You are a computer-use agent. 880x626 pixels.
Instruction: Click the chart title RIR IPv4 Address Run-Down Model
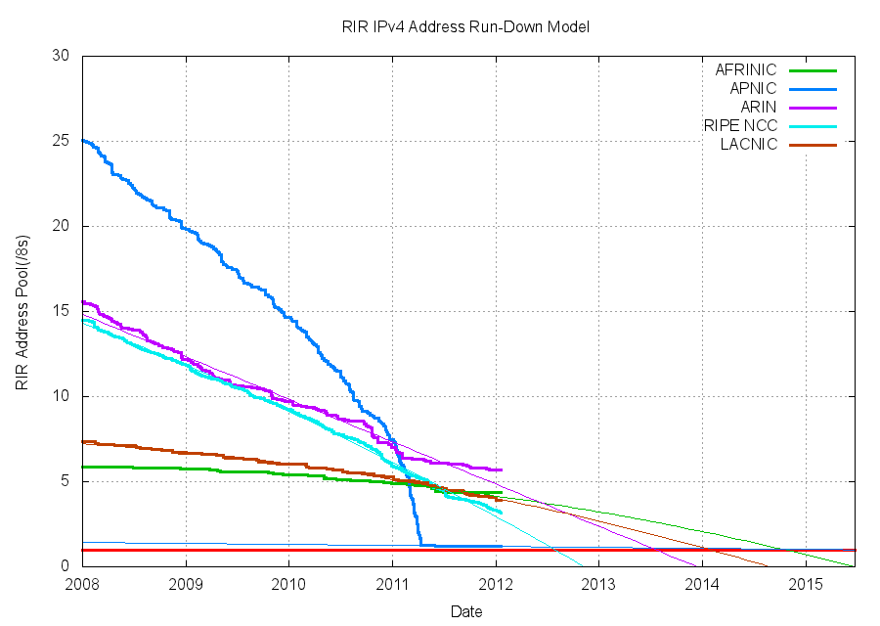[x=459, y=26]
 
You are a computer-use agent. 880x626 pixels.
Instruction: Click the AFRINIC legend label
[x=745, y=70]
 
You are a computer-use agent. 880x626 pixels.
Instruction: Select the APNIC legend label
[x=753, y=89]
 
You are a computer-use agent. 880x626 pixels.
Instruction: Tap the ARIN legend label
[x=758, y=108]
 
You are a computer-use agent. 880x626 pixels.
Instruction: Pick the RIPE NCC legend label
[x=740, y=126]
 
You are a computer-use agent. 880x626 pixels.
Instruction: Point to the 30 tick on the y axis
[x=61, y=56]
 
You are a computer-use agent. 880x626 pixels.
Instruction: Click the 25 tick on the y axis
[x=61, y=141]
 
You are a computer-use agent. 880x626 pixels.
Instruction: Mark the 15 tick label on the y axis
[x=61, y=311]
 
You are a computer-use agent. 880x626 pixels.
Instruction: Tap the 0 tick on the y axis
[x=65, y=566]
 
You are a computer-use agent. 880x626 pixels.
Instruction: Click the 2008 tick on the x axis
[x=82, y=585]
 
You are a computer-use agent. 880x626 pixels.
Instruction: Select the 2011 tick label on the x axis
[x=392, y=585]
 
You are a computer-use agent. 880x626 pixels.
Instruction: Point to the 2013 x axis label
[x=599, y=585]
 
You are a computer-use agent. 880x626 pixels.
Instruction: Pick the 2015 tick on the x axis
[x=806, y=585]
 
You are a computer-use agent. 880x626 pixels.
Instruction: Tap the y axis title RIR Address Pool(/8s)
[x=22, y=311]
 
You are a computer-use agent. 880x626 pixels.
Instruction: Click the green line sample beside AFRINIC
[x=813, y=70]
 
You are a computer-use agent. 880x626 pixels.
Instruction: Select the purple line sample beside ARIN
[x=813, y=108]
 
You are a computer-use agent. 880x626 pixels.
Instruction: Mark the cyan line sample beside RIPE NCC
[x=813, y=126]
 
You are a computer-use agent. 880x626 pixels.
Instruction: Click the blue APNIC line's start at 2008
[x=84, y=141]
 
